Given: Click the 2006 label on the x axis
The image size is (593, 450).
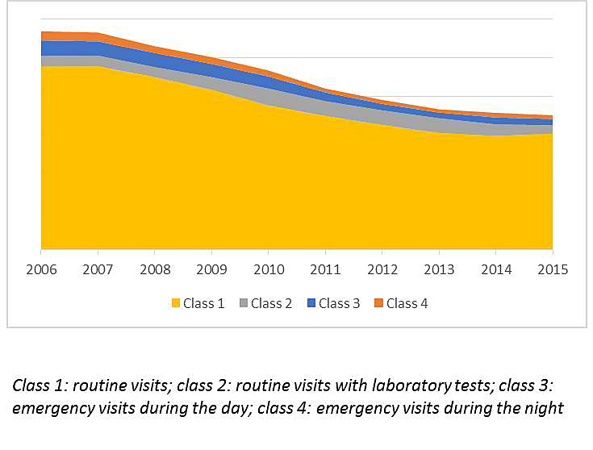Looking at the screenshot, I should pos(41,269).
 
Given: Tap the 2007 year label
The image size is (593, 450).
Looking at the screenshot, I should pos(98,269).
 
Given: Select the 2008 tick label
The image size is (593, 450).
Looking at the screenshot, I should pos(154,269).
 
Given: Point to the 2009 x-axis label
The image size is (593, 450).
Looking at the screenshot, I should pos(211,269).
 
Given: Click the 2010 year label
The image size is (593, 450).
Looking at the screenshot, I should pos(268,269).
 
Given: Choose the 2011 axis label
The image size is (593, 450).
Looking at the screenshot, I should pos(325,269).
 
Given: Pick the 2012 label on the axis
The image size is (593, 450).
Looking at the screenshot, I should pos(382,269).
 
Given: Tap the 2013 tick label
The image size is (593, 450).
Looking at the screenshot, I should pos(438,269).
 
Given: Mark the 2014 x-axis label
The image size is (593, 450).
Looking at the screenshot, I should pos(495,269).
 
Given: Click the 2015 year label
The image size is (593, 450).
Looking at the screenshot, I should pos(552,269).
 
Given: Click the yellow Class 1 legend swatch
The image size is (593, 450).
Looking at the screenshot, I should pos(175,304).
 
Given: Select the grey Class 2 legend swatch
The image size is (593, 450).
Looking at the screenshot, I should pos(243,304).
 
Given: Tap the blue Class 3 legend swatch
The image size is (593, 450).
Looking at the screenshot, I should pos(311,304).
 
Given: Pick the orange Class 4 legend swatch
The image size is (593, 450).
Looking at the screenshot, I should pos(378,304).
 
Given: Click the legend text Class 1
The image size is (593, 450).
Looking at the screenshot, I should pos(204,304).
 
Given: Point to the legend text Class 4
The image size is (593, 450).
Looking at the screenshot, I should pos(407,304).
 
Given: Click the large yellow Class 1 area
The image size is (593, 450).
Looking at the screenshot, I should pos(242,185).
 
